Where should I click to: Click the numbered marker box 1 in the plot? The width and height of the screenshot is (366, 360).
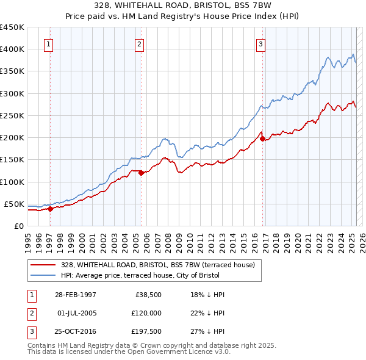48,44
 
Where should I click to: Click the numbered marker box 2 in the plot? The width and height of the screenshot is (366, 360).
139,44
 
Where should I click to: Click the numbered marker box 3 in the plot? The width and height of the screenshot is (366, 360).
260,44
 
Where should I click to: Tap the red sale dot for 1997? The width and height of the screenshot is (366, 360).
51,209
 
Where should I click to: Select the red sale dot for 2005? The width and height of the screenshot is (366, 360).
141,173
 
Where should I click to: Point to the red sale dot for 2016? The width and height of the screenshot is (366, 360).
263,139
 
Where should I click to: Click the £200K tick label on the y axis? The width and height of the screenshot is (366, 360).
12,138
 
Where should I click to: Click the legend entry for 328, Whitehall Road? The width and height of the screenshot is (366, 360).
161,265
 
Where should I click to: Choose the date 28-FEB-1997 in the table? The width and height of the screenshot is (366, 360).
76,295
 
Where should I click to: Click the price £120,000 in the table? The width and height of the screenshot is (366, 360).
145,313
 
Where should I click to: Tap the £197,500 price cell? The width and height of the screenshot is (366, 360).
145,331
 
